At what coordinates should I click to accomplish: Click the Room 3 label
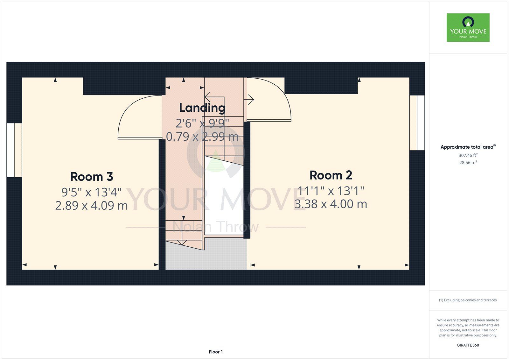click(x=92, y=177)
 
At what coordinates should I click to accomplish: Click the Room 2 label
click(x=331, y=175)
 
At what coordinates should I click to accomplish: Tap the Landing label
click(x=202, y=108)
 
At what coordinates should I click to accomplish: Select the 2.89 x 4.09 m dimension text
click(x=92, y=206)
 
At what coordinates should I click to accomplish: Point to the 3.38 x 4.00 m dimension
click(x=331, y=204)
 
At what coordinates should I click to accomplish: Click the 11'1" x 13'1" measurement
click(x=331, y=191)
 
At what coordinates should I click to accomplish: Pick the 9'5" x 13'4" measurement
click(x=92, y=192)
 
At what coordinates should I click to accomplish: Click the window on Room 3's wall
click(x=14, y=150)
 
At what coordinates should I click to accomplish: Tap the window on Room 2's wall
click(x=417, y=123)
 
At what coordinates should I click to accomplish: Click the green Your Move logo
click(x=468, y=27)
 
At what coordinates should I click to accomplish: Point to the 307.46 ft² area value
click(x=468, y=155)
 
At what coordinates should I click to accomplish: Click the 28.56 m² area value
click(x=468, y=162)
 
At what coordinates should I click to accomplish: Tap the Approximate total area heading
click(x=468, y=147)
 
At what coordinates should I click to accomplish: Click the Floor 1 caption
click(x=216, y=352)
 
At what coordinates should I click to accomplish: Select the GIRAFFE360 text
click(x=468, y=345)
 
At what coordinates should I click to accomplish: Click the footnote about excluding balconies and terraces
click(x=468, y=300)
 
